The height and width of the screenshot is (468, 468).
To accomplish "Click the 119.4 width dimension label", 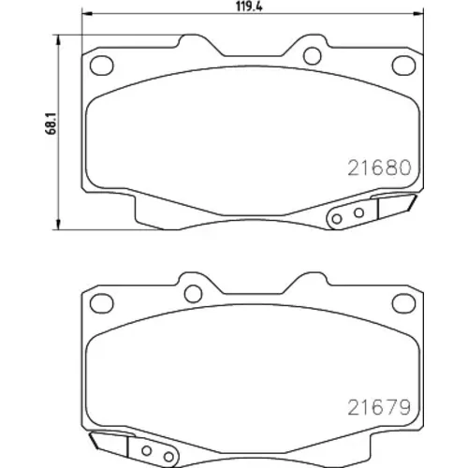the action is pyautogui.click(x=249, y=7).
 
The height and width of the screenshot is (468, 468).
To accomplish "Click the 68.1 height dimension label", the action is pyautogui.click(x=51, y=124).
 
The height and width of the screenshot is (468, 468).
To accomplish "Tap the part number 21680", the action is pyautogui.click(x=379, y=168).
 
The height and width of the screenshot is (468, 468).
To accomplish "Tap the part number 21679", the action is pyautogui.click(x=379, y=407).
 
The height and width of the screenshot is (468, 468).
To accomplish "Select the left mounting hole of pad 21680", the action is pyautogui.click(x=101, y=66).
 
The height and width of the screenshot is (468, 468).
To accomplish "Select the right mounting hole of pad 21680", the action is pyautogui.click(x=403, y=66).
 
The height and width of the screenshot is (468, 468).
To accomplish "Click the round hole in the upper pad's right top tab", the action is pyautogui.click(x=313, y=56).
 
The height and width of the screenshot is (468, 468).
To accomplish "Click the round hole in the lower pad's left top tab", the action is pyautogui.click(x=193, y=294).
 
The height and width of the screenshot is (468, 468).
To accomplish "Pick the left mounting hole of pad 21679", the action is pyautogui.click(x=101, y=303).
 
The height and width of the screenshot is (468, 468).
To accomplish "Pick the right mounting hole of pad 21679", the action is pyautogui.click(x=403, y=303).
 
